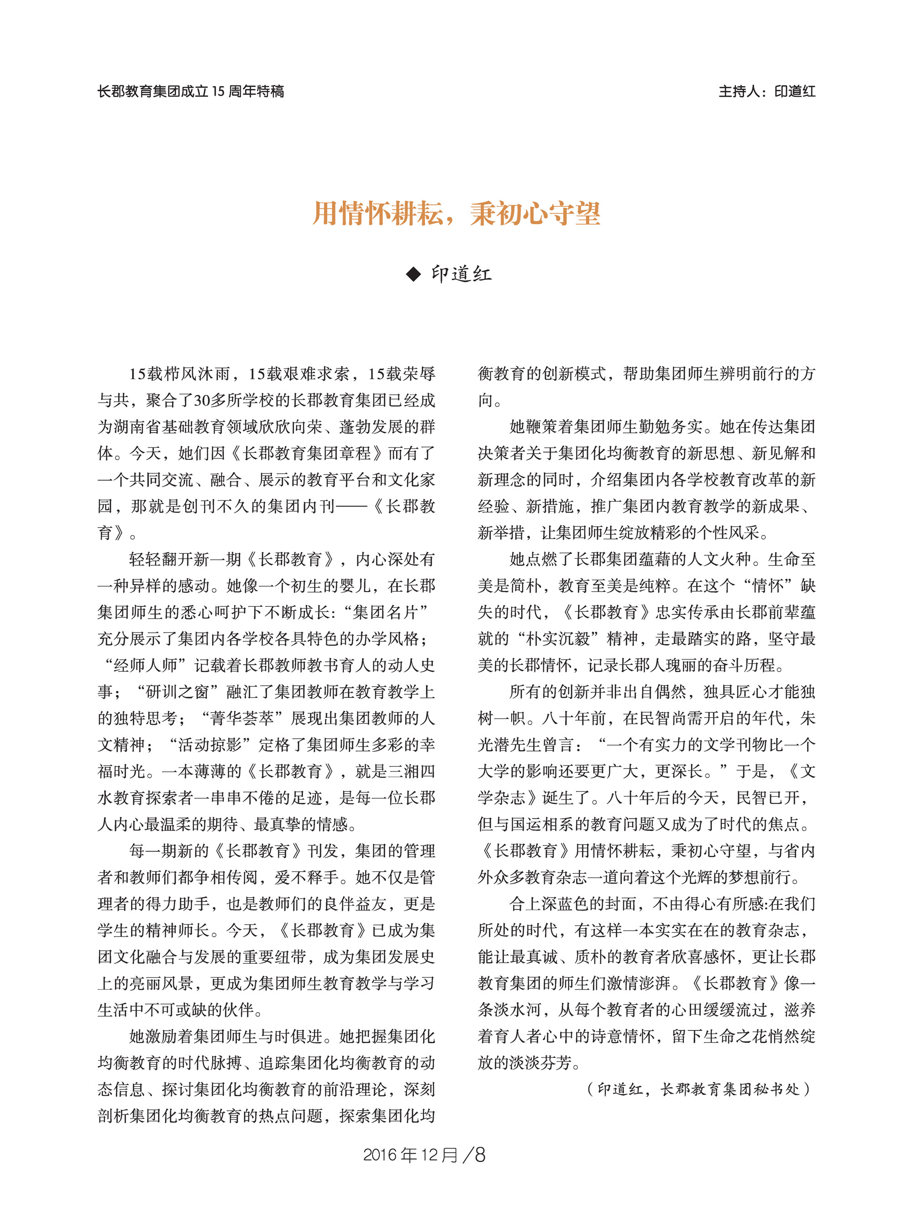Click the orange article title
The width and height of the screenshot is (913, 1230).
point(456,213)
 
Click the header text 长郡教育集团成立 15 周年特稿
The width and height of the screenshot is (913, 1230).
point(191,91)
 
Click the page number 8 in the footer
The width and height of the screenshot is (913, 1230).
point(479,1154)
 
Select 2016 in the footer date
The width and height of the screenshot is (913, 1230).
point(380,1155)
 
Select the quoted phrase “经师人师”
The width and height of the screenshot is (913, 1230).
point(145,665)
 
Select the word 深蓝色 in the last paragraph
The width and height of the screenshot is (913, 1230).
point(558,904)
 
